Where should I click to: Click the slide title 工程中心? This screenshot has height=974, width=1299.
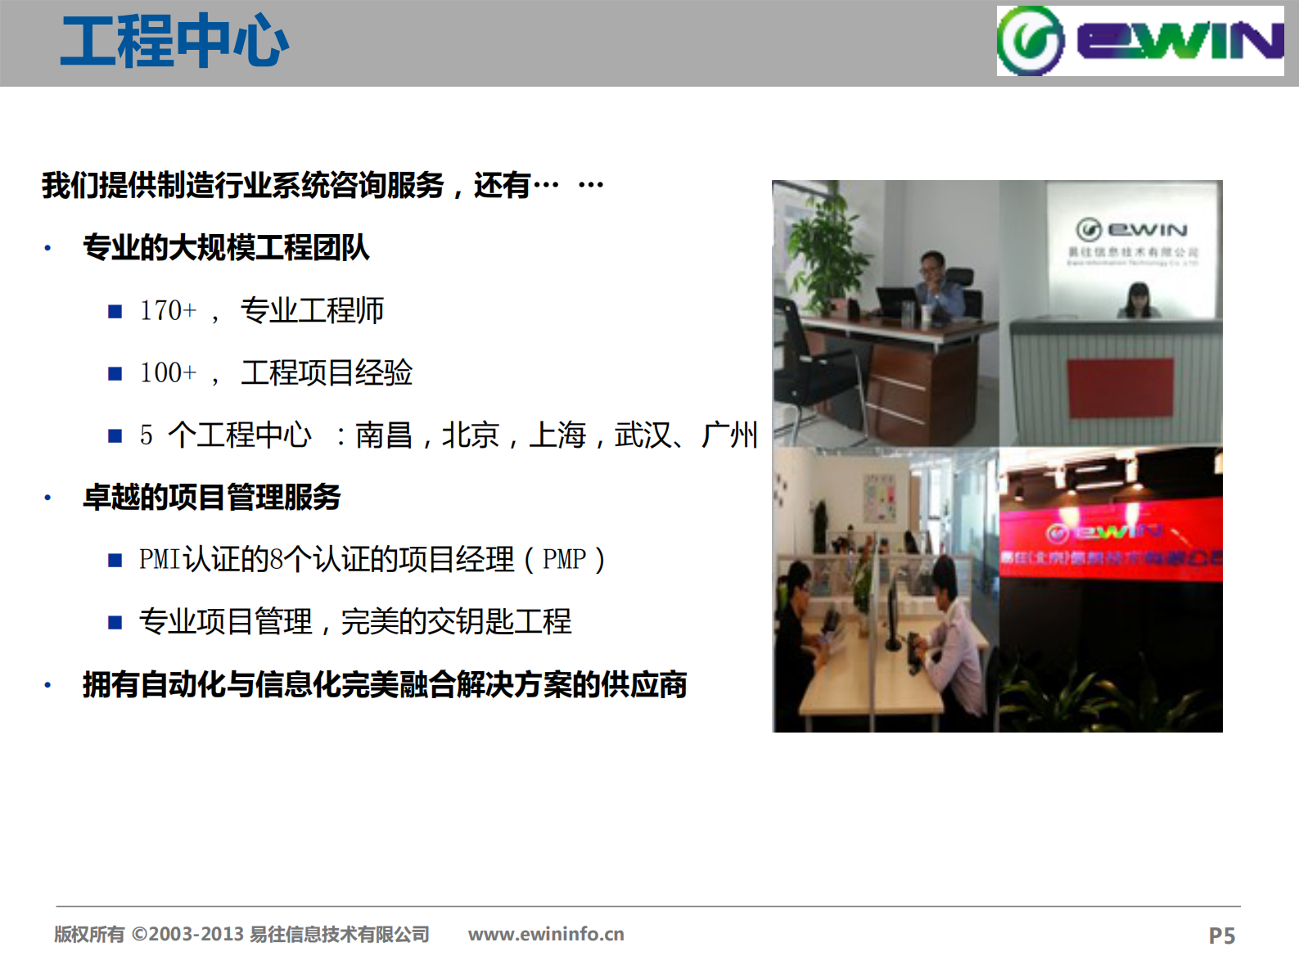[x=174, y=42]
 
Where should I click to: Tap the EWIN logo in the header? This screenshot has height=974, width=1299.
[x=1139, y=41]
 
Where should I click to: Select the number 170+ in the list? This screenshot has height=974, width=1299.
[x=168, y=311]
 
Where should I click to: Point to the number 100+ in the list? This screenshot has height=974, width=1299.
[x=168, y=373]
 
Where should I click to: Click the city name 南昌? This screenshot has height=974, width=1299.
[x=383, y=435]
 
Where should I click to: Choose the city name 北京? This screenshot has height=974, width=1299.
[x=470, y=435]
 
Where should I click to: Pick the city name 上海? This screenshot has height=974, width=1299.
[x=557, y=435]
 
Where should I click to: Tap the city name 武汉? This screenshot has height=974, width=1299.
[x=643, y=435]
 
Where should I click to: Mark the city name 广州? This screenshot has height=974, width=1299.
[x=729, y=435]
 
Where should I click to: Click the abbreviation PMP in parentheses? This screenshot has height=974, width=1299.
[x=564, y=560]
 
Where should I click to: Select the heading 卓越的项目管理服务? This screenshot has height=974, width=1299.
[x=211, y=497]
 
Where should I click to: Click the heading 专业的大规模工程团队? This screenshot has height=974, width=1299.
[x=226, y=247]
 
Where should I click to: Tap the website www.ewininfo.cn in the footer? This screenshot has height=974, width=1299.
[x=546, y=934]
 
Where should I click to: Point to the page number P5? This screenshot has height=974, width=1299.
[x=1221, y=936]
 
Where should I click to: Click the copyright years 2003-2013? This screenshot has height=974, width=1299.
[x=196, y=934]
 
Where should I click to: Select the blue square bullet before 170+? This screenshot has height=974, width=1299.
[x=115, y=311]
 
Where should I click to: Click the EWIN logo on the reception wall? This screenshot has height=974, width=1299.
[x=1132, y=230]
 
